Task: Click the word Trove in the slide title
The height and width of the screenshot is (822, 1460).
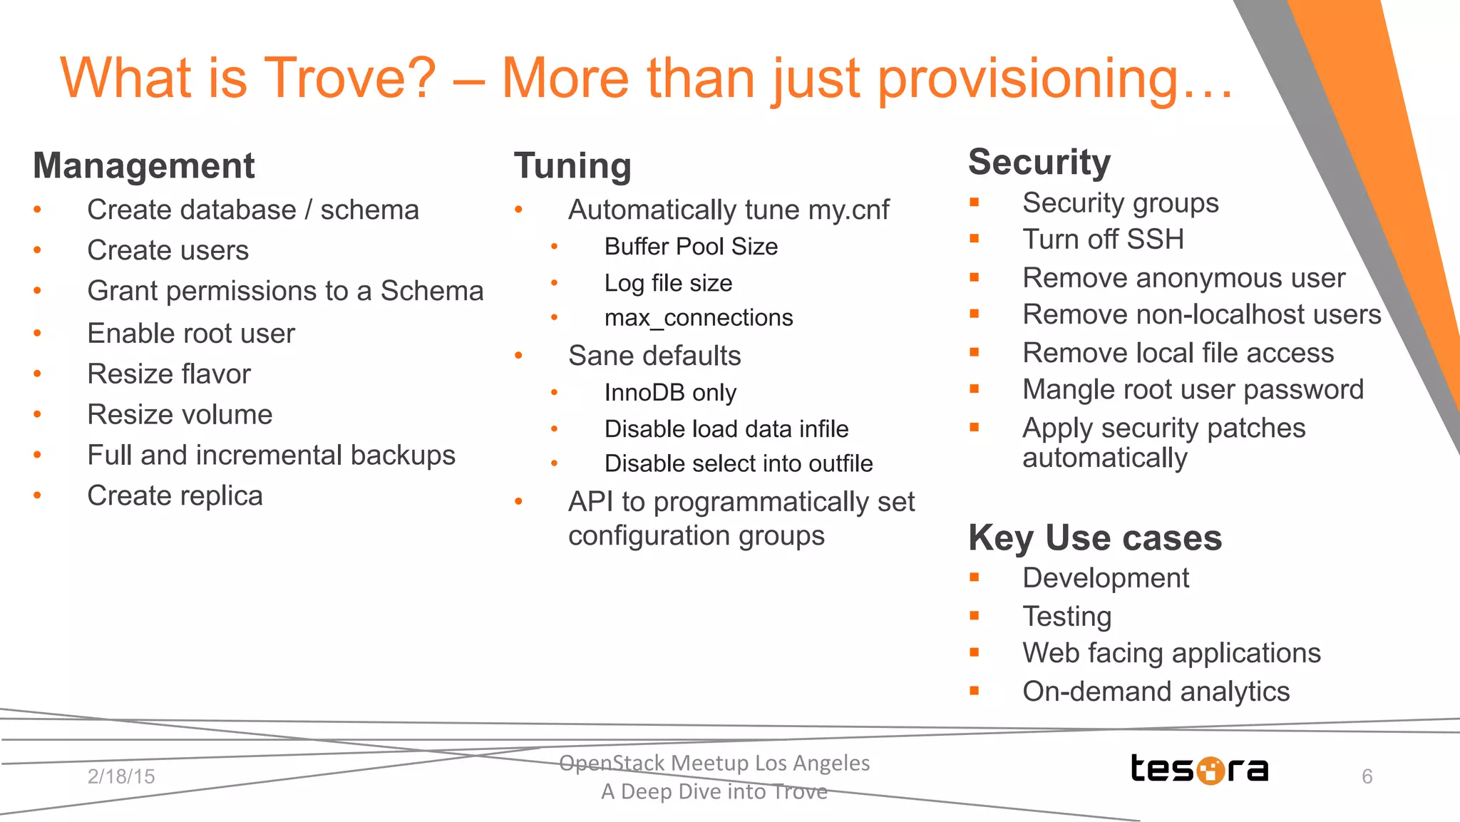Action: (349, 78)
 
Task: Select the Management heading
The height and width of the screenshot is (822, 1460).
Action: (143, 166)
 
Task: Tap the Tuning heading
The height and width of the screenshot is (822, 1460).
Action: (572, 166)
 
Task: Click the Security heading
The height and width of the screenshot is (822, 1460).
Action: (1039, 163)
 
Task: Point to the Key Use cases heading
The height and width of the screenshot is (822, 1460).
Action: (1094, 538)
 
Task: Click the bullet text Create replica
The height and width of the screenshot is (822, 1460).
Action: (175, 496)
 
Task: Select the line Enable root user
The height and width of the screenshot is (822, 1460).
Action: (190, 334)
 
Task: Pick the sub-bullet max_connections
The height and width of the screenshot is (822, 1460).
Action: (698, 318)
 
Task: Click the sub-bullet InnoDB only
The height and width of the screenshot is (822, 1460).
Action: (670, 393)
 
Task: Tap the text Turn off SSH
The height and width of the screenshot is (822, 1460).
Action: (1103, 240)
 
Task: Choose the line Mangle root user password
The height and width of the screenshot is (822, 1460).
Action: (1193, 390)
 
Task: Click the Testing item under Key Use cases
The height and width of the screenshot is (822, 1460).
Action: (1066, 617)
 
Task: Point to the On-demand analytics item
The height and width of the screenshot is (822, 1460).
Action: (1156, 692)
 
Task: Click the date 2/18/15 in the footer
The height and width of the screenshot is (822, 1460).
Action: (121, 776)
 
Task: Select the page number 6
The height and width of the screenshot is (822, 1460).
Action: (1367, 776)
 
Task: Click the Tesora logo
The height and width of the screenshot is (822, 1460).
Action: (1199, 769)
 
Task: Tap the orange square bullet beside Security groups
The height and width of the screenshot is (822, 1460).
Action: (975, 202)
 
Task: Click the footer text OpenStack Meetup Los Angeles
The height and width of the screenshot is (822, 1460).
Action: (714, 764)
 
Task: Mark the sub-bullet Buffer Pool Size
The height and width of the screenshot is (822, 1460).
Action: (691, 247)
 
